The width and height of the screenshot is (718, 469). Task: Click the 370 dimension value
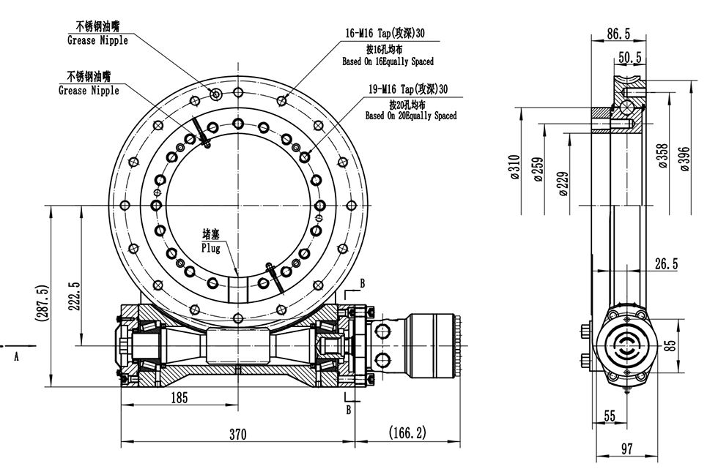tap(237, 434)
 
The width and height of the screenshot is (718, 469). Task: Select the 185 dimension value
tap(179, 398)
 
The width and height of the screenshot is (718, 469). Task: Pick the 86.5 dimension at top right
tap(618, 33)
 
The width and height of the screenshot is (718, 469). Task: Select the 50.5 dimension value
tap(630, 57)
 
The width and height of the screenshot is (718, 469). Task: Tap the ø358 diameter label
tap(662, 155)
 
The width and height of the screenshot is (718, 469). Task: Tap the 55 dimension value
tap(610, 416)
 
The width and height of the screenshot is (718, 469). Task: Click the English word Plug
tap(211, 248)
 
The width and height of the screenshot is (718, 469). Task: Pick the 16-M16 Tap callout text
tap(385, 34)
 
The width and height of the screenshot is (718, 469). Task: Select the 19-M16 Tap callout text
tap(407, 89)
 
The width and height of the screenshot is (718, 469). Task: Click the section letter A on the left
tap(16, 356)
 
